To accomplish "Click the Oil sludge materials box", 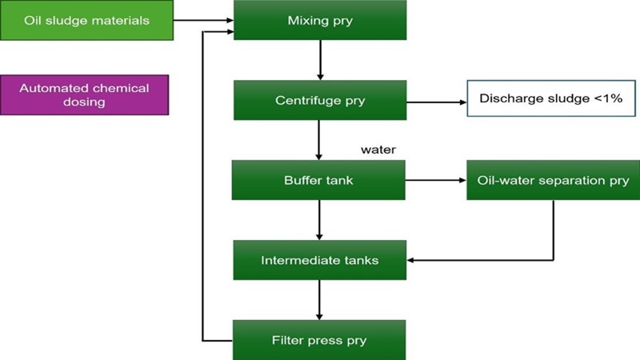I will (86, 21).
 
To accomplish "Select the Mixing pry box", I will (320, 21).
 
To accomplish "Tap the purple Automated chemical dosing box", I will (85, 95).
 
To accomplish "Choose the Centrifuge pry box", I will (320, 100).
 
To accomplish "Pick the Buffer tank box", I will (319, 180).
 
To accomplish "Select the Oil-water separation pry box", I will (553, 180).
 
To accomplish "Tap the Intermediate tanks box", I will (320, 260).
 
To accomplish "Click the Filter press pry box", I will (320, 340).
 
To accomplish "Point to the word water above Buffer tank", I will (378, 149).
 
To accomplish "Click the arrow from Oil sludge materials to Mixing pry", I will (203, 21).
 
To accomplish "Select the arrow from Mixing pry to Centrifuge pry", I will (320, 60).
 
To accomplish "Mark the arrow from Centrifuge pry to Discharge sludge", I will (437, 102).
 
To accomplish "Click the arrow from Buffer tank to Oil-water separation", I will (436, 180).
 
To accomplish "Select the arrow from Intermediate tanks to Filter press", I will (320, 300).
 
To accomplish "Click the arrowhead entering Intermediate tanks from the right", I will (412, 260).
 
